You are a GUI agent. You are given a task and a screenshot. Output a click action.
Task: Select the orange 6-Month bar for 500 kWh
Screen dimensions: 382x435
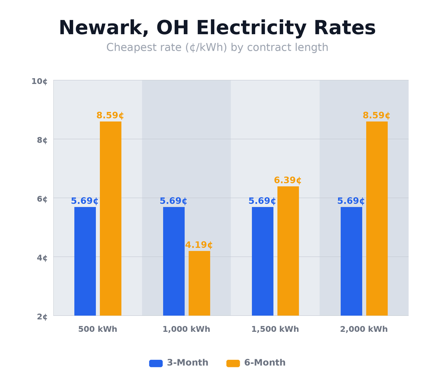pyautogui.click(x=111, y=219)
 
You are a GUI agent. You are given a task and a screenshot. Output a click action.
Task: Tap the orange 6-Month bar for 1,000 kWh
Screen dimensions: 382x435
pyautogui.click(x=199, y=283)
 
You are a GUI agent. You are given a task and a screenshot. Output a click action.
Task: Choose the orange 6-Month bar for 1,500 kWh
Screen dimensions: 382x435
pyautogui.click(x=288, y=251)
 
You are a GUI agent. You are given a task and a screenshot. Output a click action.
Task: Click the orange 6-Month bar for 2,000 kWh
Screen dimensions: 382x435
pyautogui.click(x=377, y=219)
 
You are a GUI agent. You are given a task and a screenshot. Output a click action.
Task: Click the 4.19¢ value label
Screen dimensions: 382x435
pyautogui.click(x=199, y=245)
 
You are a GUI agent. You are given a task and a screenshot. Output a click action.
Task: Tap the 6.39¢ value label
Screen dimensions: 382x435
pyautogui.click(x=288, y=180)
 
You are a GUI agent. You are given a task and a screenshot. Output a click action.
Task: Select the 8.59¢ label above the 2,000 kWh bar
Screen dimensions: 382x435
pyautogui.click(x=376, y=115)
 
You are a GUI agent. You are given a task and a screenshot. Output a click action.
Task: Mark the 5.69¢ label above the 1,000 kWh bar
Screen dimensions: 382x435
pyautogui.click(x=173, y=201)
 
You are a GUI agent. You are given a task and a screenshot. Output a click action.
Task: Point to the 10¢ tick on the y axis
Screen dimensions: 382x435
pyautogui.click(x=39, y=81)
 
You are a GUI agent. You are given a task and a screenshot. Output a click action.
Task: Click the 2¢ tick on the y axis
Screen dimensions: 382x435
pyautogui.click(x=42, y=317)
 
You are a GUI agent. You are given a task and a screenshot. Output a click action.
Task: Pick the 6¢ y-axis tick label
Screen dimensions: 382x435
pyautogui.click(x=42, y=199)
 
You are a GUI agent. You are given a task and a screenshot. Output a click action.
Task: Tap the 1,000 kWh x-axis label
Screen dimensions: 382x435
pyautogui.click(x=186, y=330)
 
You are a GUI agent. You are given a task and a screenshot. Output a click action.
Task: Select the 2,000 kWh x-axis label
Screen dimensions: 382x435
pyautogui.click(x=364, y=330)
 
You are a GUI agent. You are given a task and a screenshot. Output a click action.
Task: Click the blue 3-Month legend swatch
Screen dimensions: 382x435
pyautogui.click(x=156, y=363)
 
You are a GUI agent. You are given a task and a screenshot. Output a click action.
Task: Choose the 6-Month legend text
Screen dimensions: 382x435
pyautogui.click(x=265, y=363)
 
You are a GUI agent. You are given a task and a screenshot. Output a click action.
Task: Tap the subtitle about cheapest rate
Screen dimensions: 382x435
pyautogui.click(x=217, y=48)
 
